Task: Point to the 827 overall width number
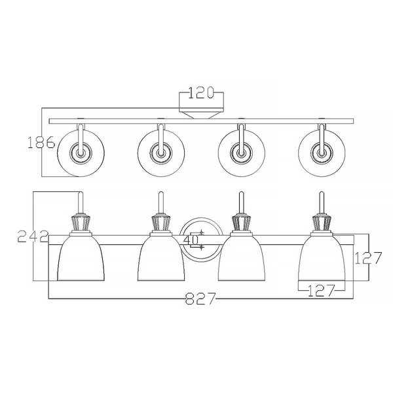click(x=200, y=300)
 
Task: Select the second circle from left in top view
click(x=160, y=153)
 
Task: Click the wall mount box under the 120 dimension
click(x=202, y=112)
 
